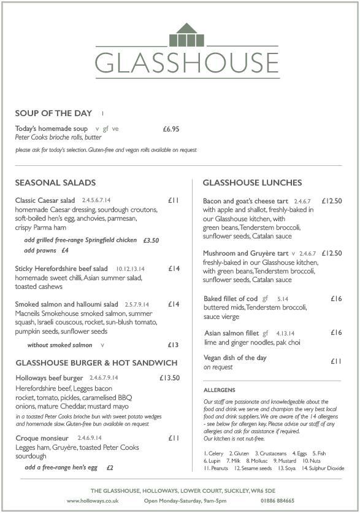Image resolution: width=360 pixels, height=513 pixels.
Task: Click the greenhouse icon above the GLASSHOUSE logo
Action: (186, 36)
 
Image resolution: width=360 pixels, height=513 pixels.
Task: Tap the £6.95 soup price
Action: (170, 129)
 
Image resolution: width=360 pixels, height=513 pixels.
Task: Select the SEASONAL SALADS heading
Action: (55, 183)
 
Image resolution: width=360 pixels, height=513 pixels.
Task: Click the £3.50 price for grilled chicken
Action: (151, 240)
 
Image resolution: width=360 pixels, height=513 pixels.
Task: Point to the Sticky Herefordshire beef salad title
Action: (61, 268)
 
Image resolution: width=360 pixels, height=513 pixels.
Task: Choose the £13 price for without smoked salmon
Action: (173, 345)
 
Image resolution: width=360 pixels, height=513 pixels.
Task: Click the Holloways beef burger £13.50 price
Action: (169, 378)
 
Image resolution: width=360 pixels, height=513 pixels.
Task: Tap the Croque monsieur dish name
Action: (42, 438)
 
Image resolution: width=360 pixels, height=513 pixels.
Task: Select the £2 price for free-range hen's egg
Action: (110, 468)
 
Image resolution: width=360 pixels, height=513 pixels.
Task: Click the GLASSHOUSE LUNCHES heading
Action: (252, 183)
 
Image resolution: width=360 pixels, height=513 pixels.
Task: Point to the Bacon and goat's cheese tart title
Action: (245, 201)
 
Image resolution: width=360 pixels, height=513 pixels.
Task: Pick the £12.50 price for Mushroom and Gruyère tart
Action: (331, 253)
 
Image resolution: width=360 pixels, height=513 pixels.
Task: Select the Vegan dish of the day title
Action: (235, 358)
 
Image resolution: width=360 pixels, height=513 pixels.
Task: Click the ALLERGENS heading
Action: (219, 390)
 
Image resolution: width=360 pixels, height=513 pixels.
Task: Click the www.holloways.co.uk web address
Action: (92, 501)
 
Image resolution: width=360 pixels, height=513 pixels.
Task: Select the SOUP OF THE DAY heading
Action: (53, 113)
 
